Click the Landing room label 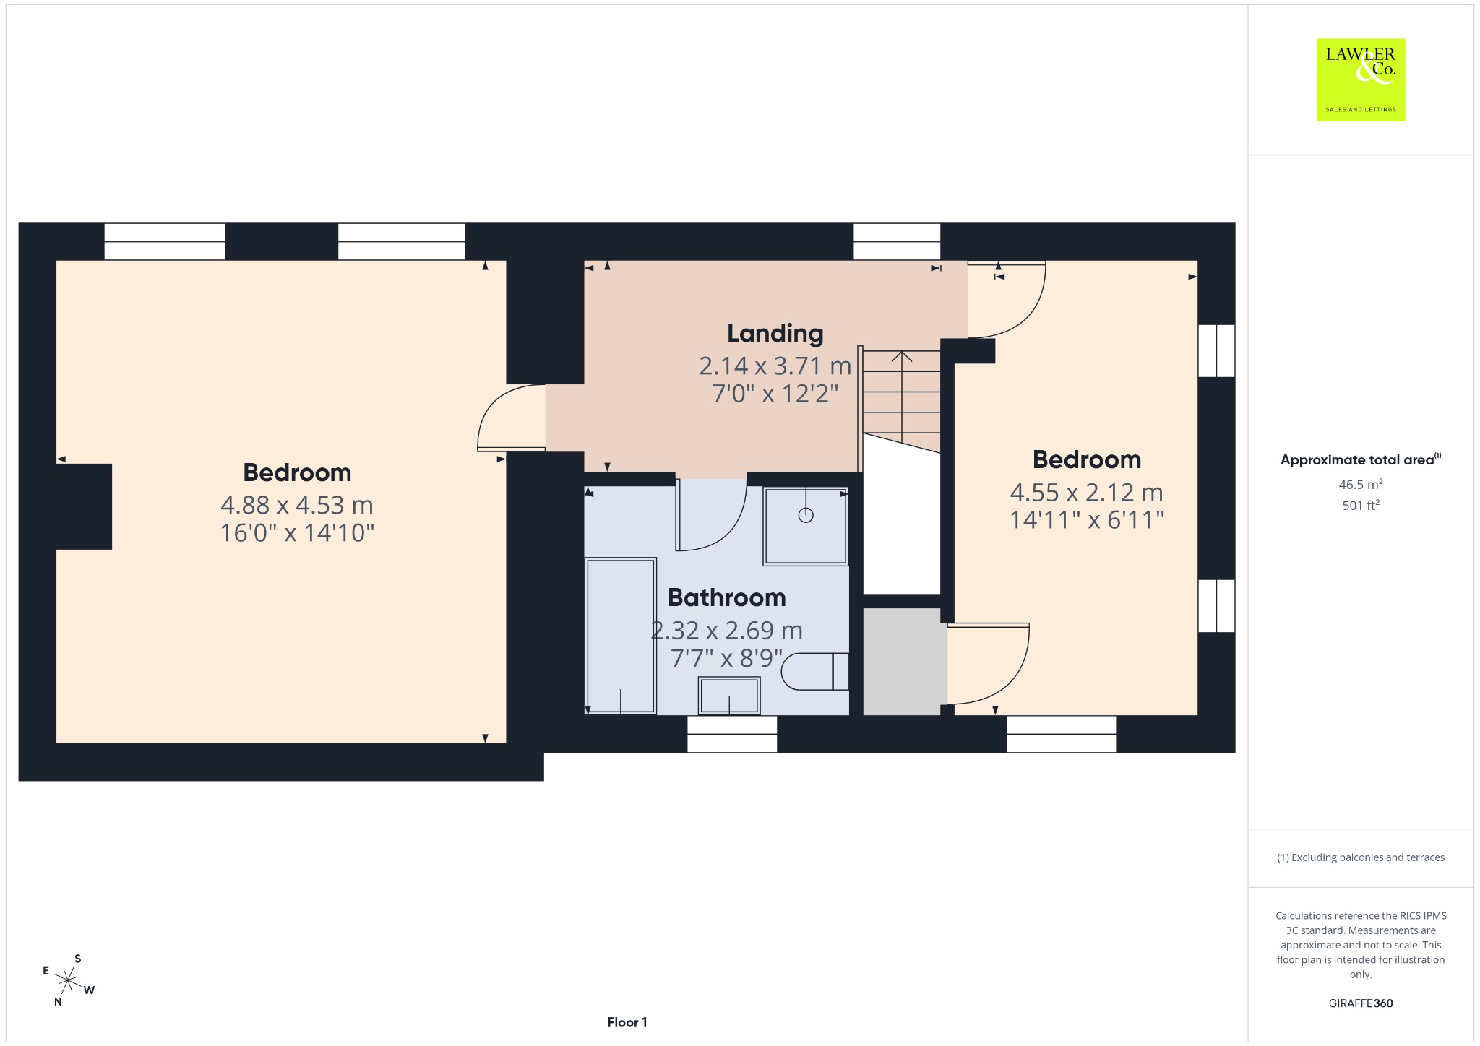point(775,334)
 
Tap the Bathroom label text point(726,597)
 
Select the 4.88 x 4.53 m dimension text point(297,505)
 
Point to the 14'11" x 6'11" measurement point(1087,520)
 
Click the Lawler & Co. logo point(1361,79)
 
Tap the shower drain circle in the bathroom point(806,515)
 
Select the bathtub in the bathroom point(621,636)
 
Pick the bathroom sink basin point(728,696)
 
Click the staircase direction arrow point(901,397)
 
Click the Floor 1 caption point(627,1022)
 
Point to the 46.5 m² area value point(1361,485)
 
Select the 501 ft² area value point(1361,506)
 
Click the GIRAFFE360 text point(1361,1003)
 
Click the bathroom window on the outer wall point(732,734)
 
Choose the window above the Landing point(897,241)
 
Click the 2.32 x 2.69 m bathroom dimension point(726,631)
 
